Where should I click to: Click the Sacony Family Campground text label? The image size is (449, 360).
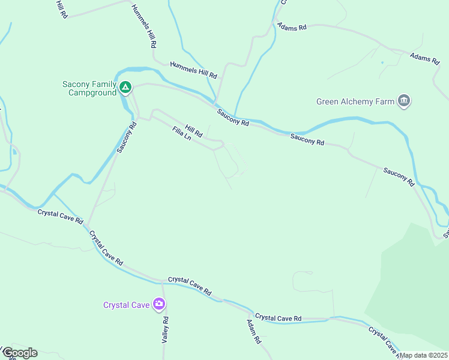[x=89, y=88]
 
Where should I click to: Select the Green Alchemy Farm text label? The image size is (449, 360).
[x=355, y=101]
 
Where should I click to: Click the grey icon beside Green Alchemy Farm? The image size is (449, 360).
[x=404, y=100]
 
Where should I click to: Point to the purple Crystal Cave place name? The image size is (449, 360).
[x=126, y=305]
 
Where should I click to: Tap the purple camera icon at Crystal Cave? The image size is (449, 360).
[x=159, y=304]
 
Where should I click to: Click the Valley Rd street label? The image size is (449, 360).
[x=165, y=329]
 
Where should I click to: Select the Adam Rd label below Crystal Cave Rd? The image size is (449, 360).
[x=254, y=331]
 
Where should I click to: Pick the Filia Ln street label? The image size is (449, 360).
[x=181, y=133]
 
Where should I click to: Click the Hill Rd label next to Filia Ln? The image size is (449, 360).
[x=194, y=130]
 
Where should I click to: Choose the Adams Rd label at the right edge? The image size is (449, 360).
[x=424, y=59]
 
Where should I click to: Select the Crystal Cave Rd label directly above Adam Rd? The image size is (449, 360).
[x=277, y=317]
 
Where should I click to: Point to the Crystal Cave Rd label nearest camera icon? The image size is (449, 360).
[x=190, y=285]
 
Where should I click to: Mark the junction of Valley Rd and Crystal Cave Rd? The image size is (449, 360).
[x=162, y=281]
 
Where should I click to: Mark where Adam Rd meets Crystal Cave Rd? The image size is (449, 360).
[x=250, y=313]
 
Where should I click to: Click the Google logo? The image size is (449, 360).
[x=20, y=353]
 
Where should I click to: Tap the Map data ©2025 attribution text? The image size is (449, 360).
[x=423, y=355]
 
